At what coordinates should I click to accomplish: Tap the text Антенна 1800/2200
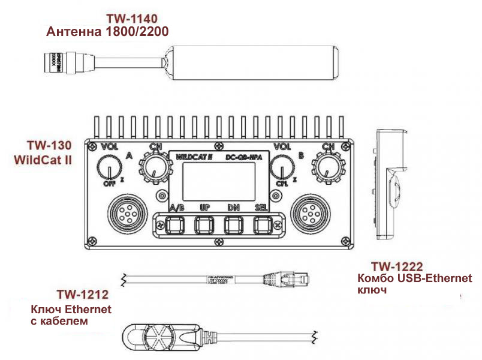107,31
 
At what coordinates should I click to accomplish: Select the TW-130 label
49,146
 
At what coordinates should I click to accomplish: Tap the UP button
204,225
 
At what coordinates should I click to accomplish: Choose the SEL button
262,225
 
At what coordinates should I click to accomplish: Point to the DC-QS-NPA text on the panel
243,157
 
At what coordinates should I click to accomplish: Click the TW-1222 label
397,266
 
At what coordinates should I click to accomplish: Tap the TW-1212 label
82,294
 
